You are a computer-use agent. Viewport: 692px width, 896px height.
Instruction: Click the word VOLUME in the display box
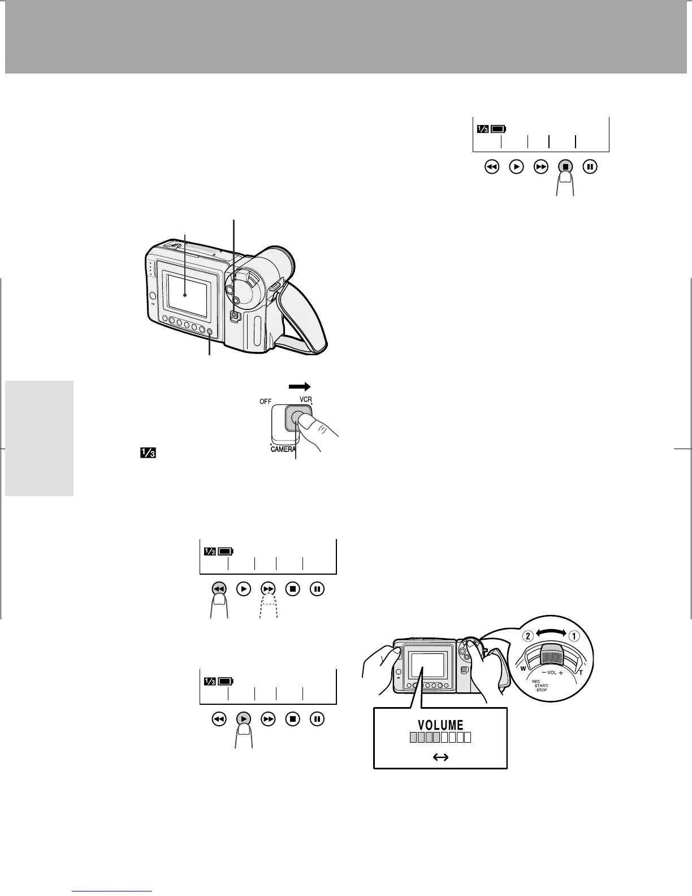point(440,725)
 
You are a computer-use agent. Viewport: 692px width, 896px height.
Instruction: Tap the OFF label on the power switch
point(266,401)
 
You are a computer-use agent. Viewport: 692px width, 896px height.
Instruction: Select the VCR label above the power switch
point(306,399)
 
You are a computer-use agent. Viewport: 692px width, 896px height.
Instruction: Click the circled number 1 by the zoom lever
point(573,635)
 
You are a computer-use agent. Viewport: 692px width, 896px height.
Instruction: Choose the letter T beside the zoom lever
point(581,673)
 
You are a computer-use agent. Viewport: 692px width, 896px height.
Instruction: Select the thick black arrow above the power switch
point(300,386)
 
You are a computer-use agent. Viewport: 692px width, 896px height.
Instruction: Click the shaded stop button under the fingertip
point(566,167)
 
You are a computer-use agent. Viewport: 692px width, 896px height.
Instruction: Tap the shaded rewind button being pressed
point(219,589)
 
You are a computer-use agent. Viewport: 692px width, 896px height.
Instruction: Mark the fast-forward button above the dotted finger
point(269,589)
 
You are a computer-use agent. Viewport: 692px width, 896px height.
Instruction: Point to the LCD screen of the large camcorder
point(187,292)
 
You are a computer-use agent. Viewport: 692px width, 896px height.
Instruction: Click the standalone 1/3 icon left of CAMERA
point(149,453)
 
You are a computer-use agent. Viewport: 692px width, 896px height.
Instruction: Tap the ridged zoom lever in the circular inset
point(551,656)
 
